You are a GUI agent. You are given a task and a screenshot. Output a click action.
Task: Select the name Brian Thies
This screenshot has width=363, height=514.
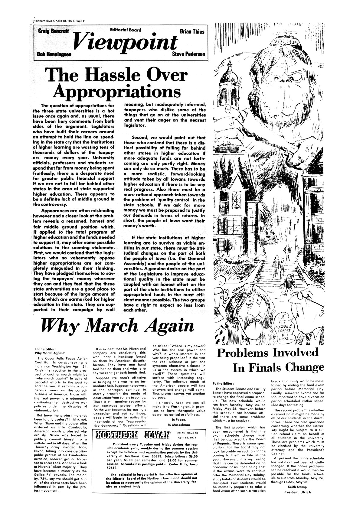coord(192,32)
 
